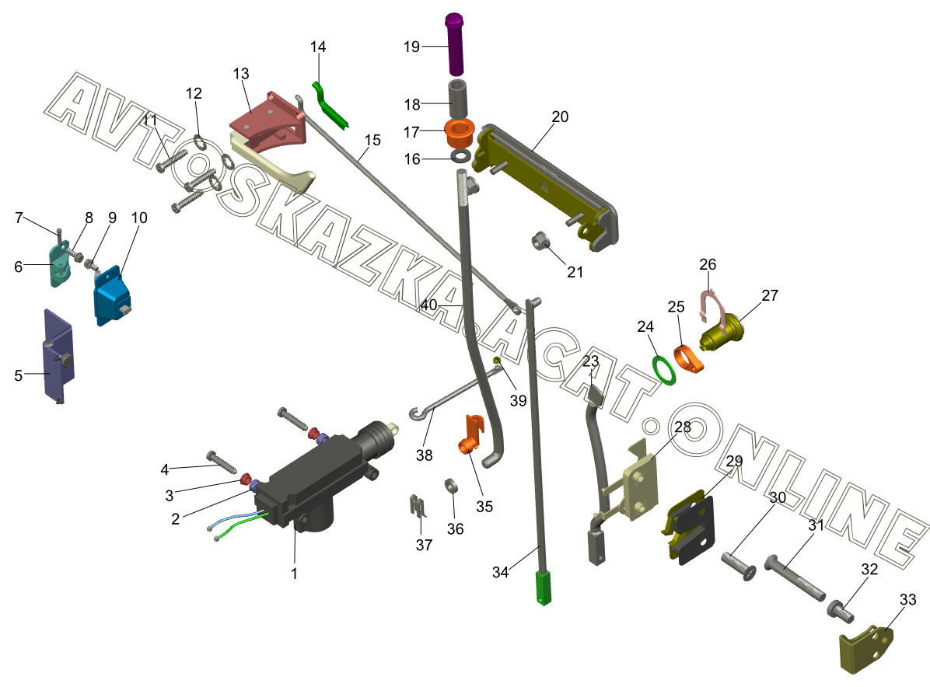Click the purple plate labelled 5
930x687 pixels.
coord(58,354)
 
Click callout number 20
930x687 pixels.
coord(560,117)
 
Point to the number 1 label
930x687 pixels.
coord(294,574)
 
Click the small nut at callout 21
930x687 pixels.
coord(538,242)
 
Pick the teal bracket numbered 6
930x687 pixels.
coord(60,264)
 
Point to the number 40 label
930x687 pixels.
coord(428,305)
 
